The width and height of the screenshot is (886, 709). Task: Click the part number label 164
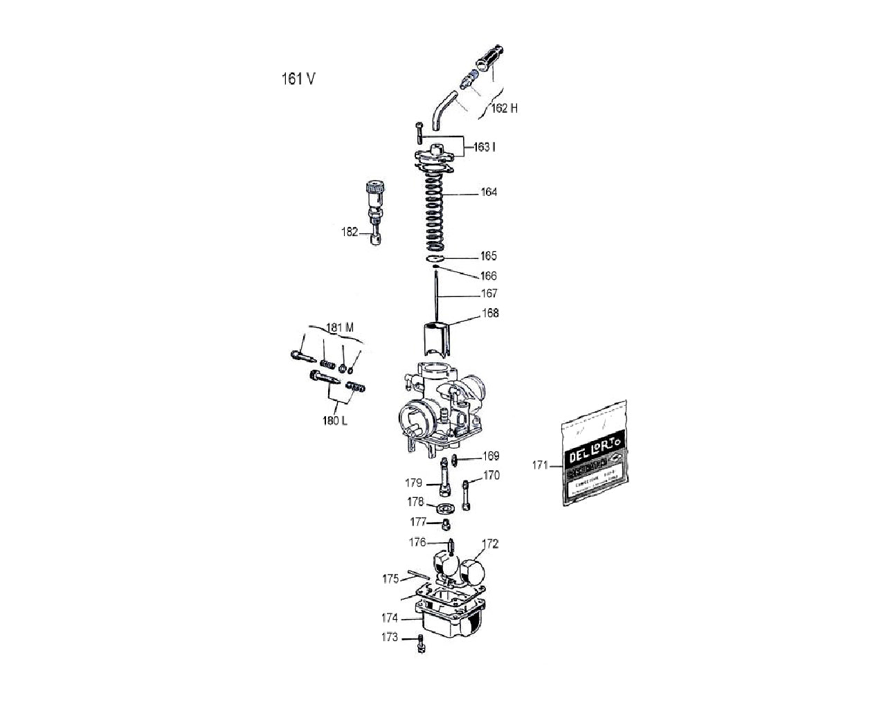(x=489, y=192)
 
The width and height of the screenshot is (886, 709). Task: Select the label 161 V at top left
(x=298, y=78)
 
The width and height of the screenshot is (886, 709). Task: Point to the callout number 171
(x=540, y=465)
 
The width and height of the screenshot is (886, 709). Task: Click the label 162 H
(x=504, y=109)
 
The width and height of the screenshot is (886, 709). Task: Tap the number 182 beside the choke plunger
(x=350, y=232)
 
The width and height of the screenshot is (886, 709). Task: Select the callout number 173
(x=390, y=637)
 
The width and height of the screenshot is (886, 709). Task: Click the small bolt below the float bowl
(x=420, y=645)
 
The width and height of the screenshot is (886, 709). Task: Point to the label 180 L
(x=335, y=420)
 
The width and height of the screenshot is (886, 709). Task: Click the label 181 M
(x=340, y=327)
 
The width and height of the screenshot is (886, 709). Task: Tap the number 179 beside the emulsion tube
(x=414, y=483)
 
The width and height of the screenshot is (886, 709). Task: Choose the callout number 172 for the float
(x=490, y=544)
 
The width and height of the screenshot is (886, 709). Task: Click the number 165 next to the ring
(x=489, y=256)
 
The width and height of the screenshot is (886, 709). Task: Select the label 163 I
(x=484, y=147)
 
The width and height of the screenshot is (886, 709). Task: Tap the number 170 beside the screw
(x=491, y=476)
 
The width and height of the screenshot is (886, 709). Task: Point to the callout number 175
(x=390, y=578)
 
